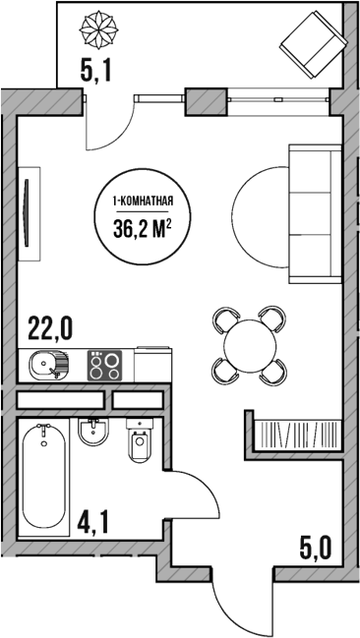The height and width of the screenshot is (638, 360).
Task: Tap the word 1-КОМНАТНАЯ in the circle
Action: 144,203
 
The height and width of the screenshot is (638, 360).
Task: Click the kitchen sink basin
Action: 45,367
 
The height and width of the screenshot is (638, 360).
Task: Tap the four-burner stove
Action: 105,367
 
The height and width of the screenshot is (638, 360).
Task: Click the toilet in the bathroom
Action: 139,445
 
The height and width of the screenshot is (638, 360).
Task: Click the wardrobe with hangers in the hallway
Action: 295,434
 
